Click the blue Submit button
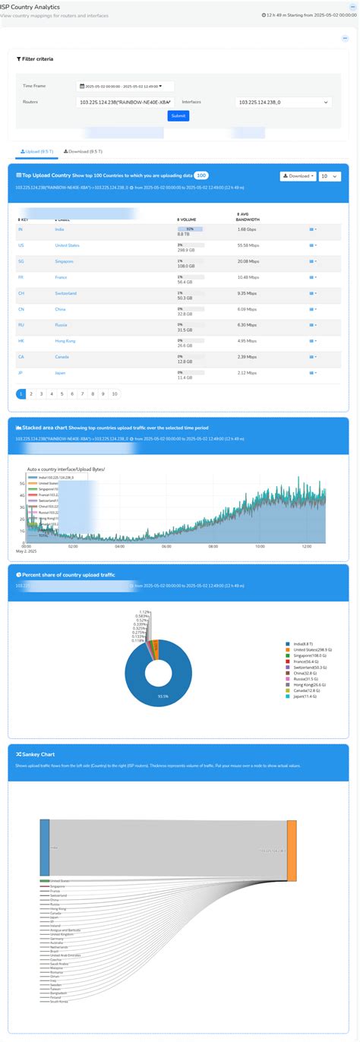[x=178, y=116]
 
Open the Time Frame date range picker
[x=125, y=86]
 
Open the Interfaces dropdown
[x=283, y=102]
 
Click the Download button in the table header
[x=298, y=175]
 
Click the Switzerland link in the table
[x=65, y=293]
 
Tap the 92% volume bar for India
[x=190, y=226]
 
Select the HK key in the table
[x=21, y=341]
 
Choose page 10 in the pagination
[x=114, y=394]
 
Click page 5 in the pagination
[x=62, y=394]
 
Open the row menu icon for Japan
[x=313, y=373]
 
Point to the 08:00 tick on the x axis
[x=213, y=546]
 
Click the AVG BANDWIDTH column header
[x=248, y=216]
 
